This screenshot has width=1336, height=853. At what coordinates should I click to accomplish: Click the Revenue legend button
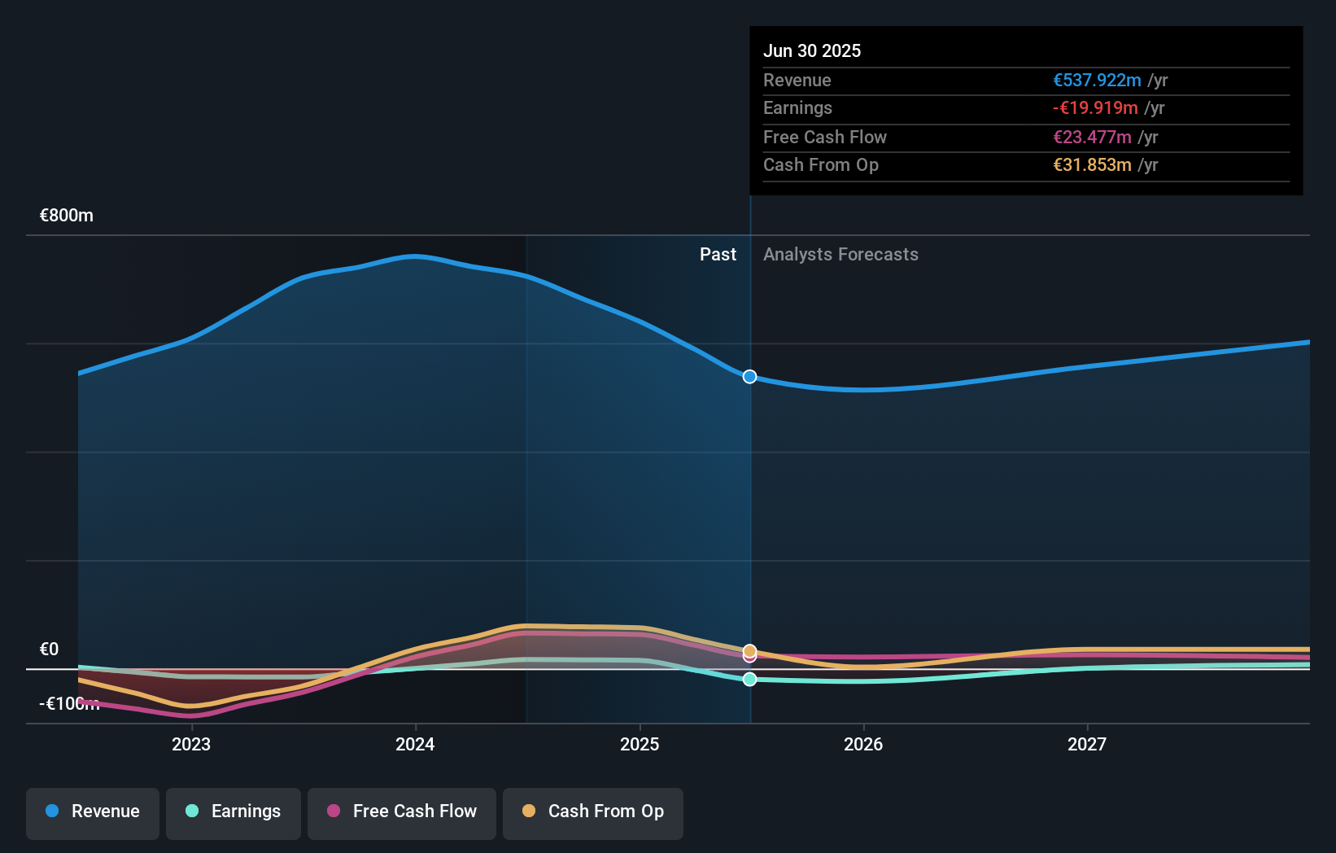coord(92,812)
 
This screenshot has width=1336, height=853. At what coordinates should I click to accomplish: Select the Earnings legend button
coord(233,812)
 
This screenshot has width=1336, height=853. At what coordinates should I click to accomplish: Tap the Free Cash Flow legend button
coord(401,812)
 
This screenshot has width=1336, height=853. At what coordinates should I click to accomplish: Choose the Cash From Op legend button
coord(592,812)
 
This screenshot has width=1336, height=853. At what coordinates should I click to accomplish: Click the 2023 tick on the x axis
coord(191,744)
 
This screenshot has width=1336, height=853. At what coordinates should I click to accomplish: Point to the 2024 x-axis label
coord(415,744)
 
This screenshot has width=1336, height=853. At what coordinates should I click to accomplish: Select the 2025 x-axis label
coord(640,744)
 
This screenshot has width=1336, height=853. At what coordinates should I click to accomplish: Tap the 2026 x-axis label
coord(863,744)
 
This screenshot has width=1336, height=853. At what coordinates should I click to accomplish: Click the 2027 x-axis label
coord(1087,744)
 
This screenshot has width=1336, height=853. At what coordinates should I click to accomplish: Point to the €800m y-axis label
coord(67,216)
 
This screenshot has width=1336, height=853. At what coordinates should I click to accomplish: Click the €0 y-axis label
coord(50,650)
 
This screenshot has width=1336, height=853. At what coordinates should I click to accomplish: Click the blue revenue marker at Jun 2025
coord(749,377)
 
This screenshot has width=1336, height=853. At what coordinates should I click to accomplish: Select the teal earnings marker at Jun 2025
coord(749,679)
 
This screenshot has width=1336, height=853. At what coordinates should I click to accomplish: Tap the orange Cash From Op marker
coord(749,650)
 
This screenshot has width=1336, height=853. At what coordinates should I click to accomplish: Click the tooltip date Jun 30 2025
coord(811,50)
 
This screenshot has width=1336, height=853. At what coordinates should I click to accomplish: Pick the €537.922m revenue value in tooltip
coord(1097,80)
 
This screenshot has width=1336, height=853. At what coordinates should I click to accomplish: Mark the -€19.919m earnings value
coord(1095,108)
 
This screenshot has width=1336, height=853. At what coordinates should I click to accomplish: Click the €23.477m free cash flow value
coord(1092,137)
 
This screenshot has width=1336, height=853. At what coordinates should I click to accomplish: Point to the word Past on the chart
coord(718,255)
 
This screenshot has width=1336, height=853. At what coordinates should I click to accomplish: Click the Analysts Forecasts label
coord(840,255)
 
